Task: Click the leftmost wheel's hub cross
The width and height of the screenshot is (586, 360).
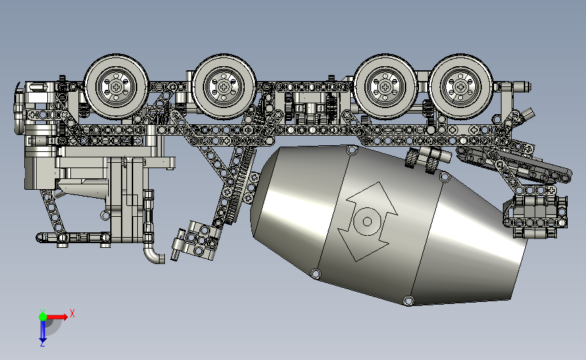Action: tap(116, 87)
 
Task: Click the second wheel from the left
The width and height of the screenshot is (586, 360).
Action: tap(224, 87)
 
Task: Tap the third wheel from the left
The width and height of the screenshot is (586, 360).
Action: tap(385, 87)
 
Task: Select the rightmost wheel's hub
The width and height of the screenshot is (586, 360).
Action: tap(460, 87)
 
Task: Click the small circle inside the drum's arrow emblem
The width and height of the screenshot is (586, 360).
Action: tap(367, 222)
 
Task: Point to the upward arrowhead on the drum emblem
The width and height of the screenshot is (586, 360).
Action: tap(372, 198)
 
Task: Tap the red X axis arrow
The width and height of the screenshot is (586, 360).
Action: tap(56, 317)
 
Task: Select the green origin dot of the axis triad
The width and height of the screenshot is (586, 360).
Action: tap(43, 317)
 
